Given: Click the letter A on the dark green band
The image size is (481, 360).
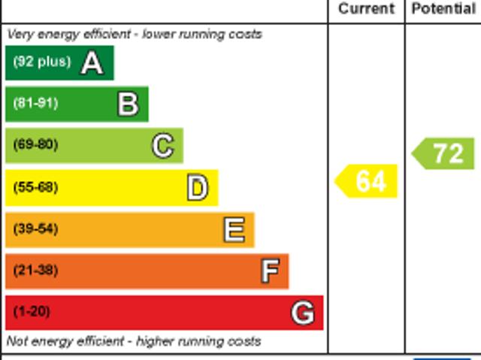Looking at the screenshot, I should (92, 63).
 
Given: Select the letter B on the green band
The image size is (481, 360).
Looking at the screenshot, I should (128, 104).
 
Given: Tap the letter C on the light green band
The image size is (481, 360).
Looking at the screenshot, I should (163, 146).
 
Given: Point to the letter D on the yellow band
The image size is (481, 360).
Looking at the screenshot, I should (197, 188).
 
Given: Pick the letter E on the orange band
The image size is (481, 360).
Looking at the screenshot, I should (234, 230).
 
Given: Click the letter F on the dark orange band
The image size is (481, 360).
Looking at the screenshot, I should (270, 271).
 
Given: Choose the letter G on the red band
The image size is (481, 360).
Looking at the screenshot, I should (303, 313).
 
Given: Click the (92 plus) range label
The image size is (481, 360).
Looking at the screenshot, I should (41, 62).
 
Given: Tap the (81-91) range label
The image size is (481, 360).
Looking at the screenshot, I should (35, 104).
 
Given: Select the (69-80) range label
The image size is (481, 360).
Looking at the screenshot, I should (35, 145).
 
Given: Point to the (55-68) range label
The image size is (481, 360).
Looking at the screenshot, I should (35, 187).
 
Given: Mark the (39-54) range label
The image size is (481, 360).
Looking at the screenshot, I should (35, 229).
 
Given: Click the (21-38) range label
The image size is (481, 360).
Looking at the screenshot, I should (35, 271).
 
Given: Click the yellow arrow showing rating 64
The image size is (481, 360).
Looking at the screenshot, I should (367, 182).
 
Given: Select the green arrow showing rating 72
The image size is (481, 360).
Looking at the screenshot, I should (445, 153).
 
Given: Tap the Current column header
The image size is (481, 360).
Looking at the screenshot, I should (366, 9).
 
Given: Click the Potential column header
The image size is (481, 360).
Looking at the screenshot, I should (443, 9).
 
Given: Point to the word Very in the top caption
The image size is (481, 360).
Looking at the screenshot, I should (20, 35).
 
